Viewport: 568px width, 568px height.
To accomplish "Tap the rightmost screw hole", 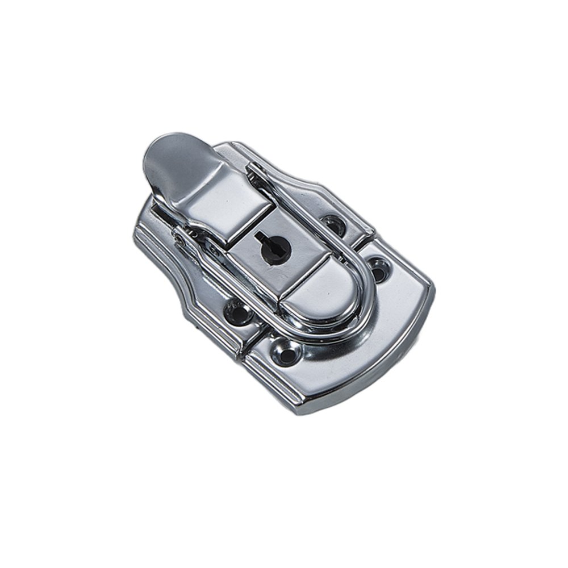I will (x=377, y=266).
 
